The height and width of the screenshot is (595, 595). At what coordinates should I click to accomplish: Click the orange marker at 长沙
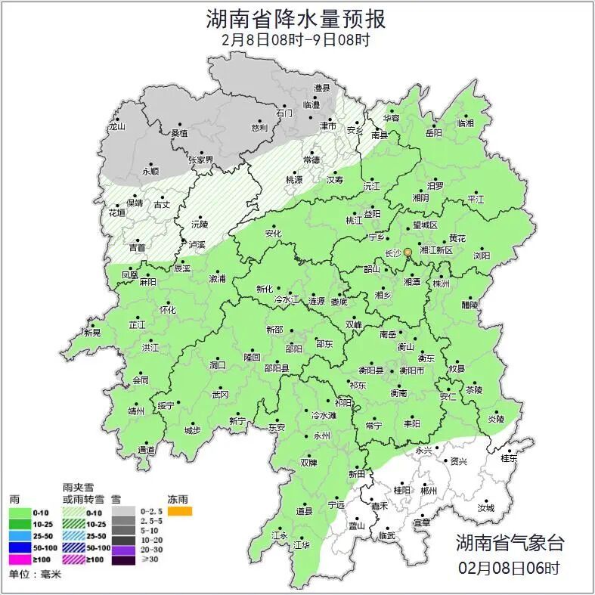coord(408,252)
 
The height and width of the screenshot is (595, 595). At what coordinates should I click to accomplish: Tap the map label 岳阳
coord(434,133)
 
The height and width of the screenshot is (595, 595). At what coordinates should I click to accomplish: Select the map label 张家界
coord(201,160)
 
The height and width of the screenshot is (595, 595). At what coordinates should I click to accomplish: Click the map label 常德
coord(311,160)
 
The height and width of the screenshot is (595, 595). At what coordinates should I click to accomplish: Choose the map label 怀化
coord(167,310)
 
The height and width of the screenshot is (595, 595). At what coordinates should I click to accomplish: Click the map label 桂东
coord(510,458)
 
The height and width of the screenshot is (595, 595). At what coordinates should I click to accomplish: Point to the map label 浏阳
coord(482,256)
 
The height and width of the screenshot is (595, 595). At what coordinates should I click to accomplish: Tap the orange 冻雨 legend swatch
coord(180,512)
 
